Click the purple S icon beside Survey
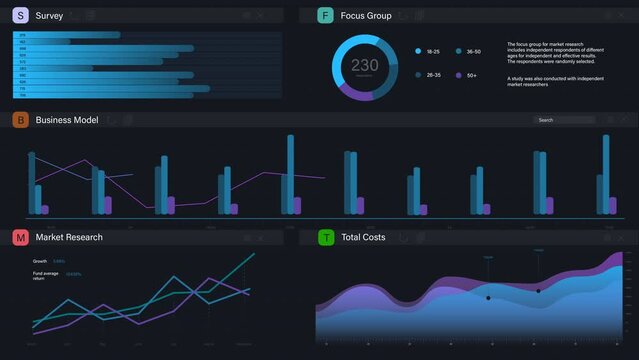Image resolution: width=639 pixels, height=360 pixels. [20, 15]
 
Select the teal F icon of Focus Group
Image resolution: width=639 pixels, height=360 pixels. [325, 15]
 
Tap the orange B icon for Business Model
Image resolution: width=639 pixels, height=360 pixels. [20, 120]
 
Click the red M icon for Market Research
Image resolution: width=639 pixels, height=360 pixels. [20, 237]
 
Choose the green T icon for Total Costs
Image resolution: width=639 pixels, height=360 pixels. [325, 237]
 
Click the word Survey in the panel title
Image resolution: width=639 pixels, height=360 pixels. [49, 15]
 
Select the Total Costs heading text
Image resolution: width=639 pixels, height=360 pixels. [363, 237]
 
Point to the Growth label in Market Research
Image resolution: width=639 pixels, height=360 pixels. [40, 261]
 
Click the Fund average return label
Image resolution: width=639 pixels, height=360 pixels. [46, 275]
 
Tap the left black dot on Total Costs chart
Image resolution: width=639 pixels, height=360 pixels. [488, 298]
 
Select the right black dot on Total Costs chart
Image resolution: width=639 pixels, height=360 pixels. [538, 291]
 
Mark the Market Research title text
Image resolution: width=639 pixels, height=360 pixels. [69, 237]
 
